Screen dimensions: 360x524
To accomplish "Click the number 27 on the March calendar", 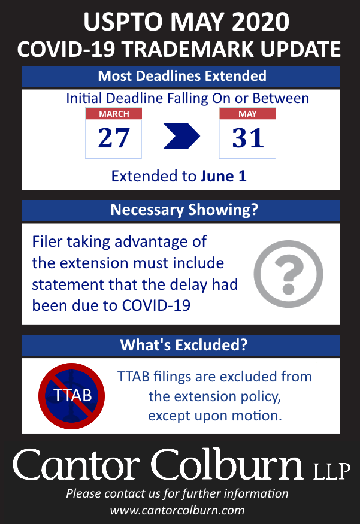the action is (x=114, y=138).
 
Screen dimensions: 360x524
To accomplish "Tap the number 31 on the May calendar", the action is (x=248, y=138).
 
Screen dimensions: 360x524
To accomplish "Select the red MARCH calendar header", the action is (x=114, y=114).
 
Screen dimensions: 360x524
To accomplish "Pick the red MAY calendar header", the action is (x=248, y=114).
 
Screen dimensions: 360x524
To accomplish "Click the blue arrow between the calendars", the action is (x=181, y=136).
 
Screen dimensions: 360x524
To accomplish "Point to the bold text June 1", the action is (x=223, y=176).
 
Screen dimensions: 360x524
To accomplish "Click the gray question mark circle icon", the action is (x=288, y=274).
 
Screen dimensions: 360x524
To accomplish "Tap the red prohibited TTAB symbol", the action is (x=71, y=396).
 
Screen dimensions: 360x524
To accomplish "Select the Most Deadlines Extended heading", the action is (x=182, y=76).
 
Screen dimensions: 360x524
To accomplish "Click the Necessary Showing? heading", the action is (x=184, y=210).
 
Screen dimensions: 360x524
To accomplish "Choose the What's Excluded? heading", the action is (x=184, y=345).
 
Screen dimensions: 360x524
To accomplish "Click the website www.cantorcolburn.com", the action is (x=177, y=510).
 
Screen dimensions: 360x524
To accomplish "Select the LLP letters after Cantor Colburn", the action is (x=332, y=471).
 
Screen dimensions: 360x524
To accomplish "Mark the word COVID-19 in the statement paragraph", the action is (x=156, y=305).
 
